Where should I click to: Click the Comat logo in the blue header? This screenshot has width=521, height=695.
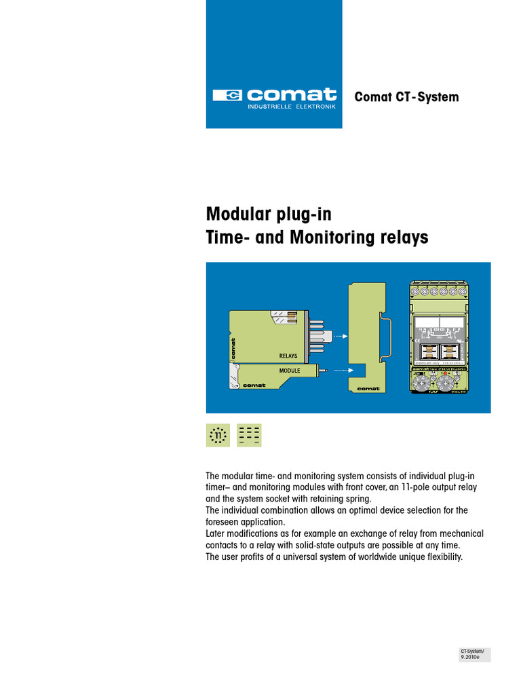pyautogui.click(x=274, y=96)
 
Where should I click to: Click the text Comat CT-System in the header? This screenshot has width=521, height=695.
pyautogui.click(x=406, y=97)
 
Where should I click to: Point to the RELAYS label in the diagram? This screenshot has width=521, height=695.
pyautogui.click(x=288, y=356)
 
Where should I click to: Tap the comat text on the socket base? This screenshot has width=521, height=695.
pyautogui.click(x=367, y=388)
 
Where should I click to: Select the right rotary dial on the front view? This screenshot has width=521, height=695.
pyautogui.click(x=447, y=383)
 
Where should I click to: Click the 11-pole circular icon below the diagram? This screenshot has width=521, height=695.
pyautogui.click(x=218, y=435)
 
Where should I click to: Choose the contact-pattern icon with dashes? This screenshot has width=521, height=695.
pyautogui.click(x=249, y=435)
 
